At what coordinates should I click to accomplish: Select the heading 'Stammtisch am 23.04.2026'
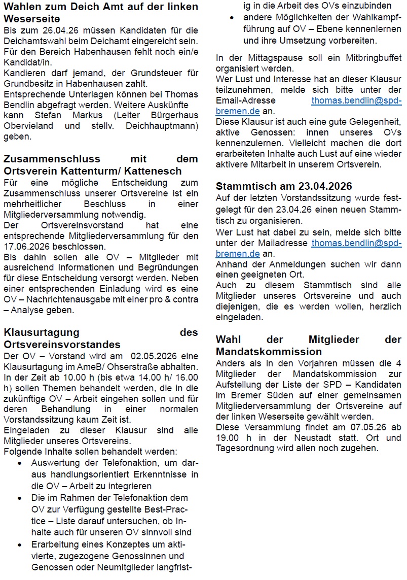(284, 186)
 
